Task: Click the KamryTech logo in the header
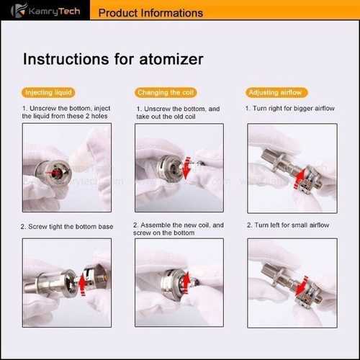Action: pos(45,11)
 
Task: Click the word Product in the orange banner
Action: pos(117,13)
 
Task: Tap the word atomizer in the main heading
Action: pos(171,59)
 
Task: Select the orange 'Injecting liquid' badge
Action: pos(48,92)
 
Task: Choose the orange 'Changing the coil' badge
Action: pos(166,92)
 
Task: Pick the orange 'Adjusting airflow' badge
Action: pos(276,92)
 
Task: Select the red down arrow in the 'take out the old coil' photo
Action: pos(186,168)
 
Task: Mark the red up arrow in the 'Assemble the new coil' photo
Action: pos(186,282)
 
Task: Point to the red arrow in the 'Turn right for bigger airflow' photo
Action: pos(300,178)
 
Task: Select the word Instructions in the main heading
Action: pos(66,59)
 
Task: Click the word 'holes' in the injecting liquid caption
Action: pos(99,116)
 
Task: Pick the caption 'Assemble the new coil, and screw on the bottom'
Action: pos(179,229)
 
